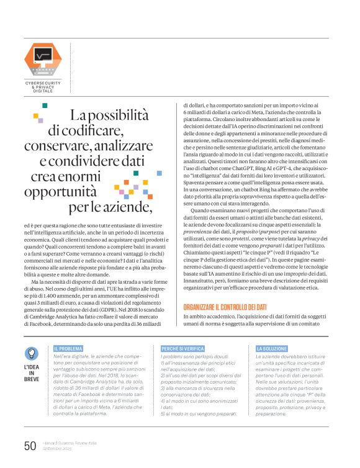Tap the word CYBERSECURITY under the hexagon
(43, 83)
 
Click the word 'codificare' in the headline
(96, 130)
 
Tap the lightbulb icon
(31, 353)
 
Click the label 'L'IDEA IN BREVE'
(31, 371)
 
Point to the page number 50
(30, 446)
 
